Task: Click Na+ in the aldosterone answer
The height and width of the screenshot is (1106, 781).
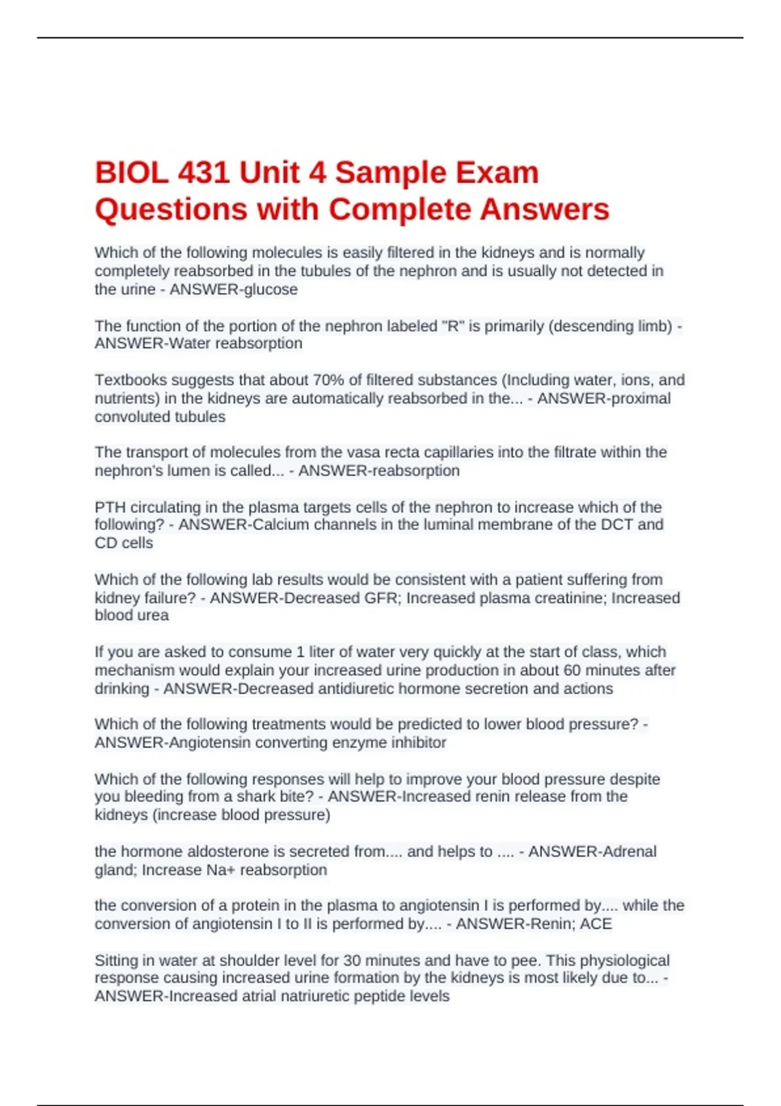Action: (x=221, y=870)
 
